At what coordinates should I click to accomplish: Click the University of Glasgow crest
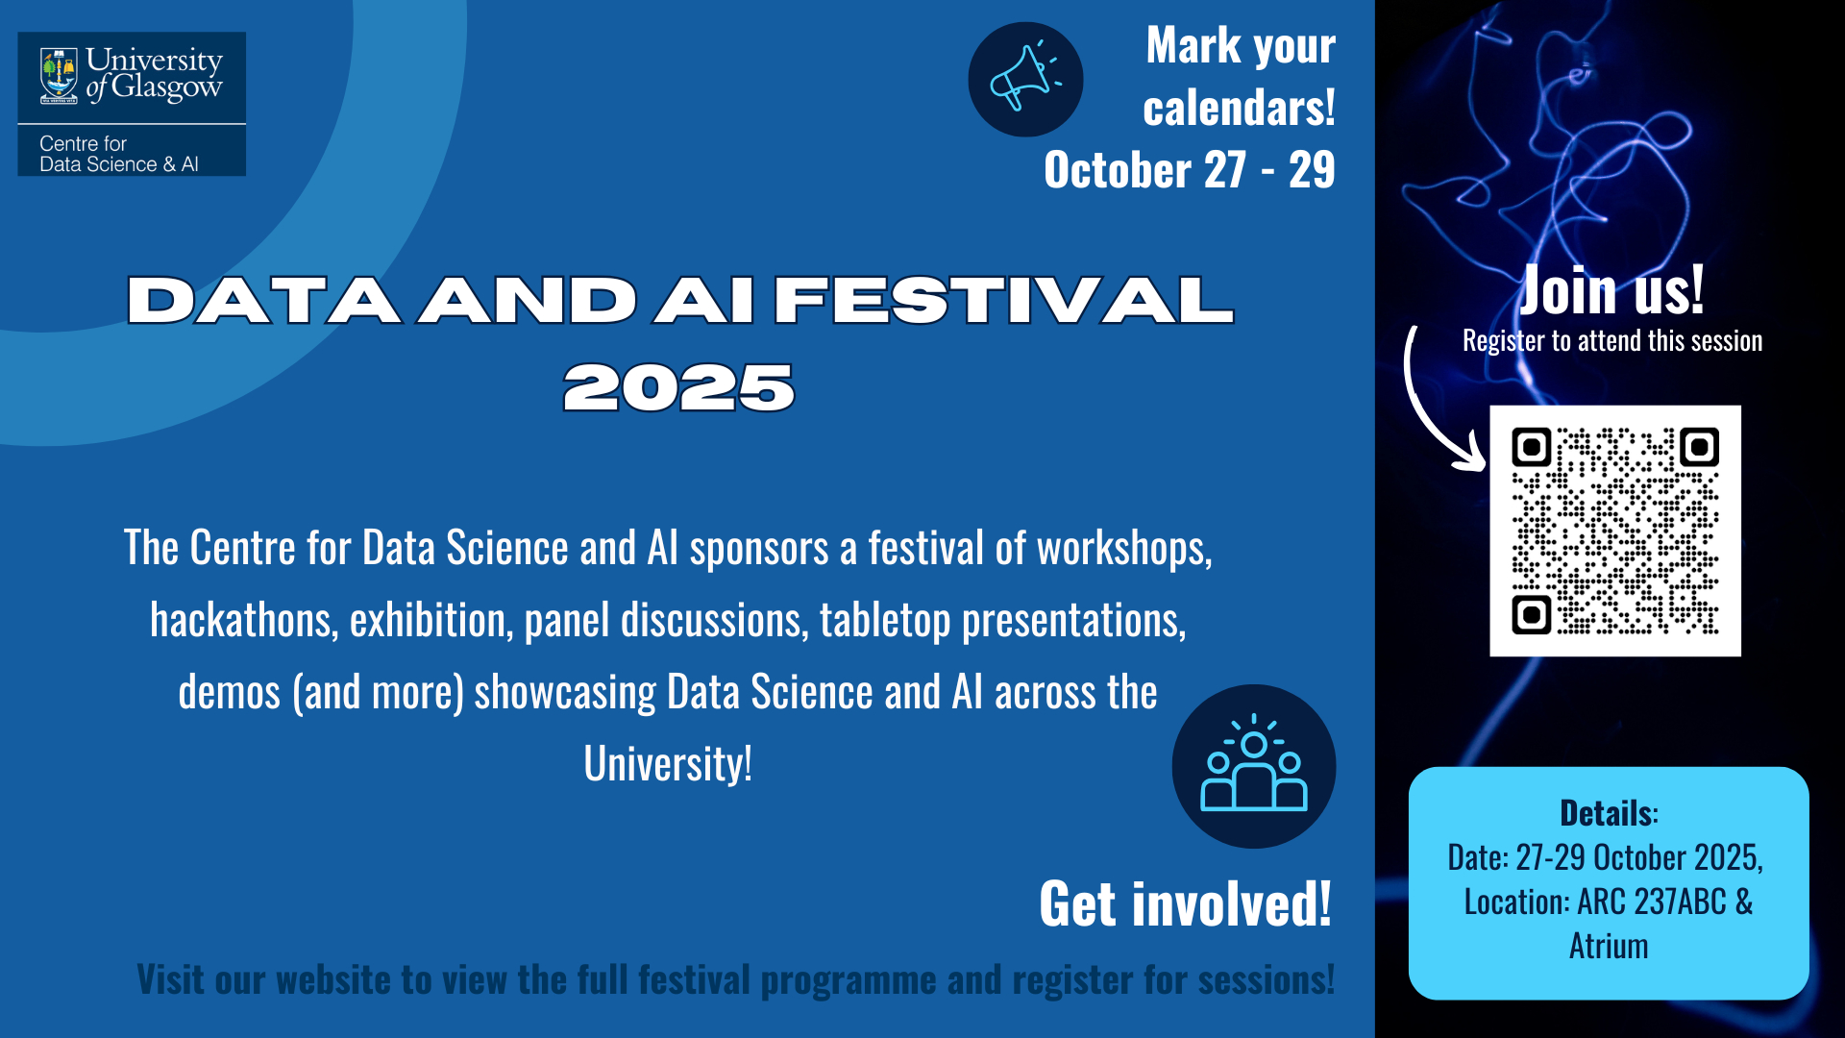point(59,76)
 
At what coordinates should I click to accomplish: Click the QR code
point(1615,531)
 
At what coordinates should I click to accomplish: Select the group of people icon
point(1254,766)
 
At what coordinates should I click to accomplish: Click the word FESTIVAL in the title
point(1003,300)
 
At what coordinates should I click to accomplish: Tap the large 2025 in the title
point(679,388)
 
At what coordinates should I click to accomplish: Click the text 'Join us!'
point(1611,289)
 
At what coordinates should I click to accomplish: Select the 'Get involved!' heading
point(1186,904)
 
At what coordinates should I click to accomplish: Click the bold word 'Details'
point(1607,813)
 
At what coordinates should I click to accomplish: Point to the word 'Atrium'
point(1609,946)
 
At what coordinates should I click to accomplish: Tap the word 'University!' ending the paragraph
point(668,764)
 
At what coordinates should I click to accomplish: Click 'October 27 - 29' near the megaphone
point(1190,170)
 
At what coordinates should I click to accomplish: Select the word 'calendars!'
point(1239,107)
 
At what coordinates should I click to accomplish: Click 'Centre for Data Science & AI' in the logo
point(119,154)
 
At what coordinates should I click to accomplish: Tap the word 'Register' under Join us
point(1503,340)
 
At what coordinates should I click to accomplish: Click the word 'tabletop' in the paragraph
point(885,620)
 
